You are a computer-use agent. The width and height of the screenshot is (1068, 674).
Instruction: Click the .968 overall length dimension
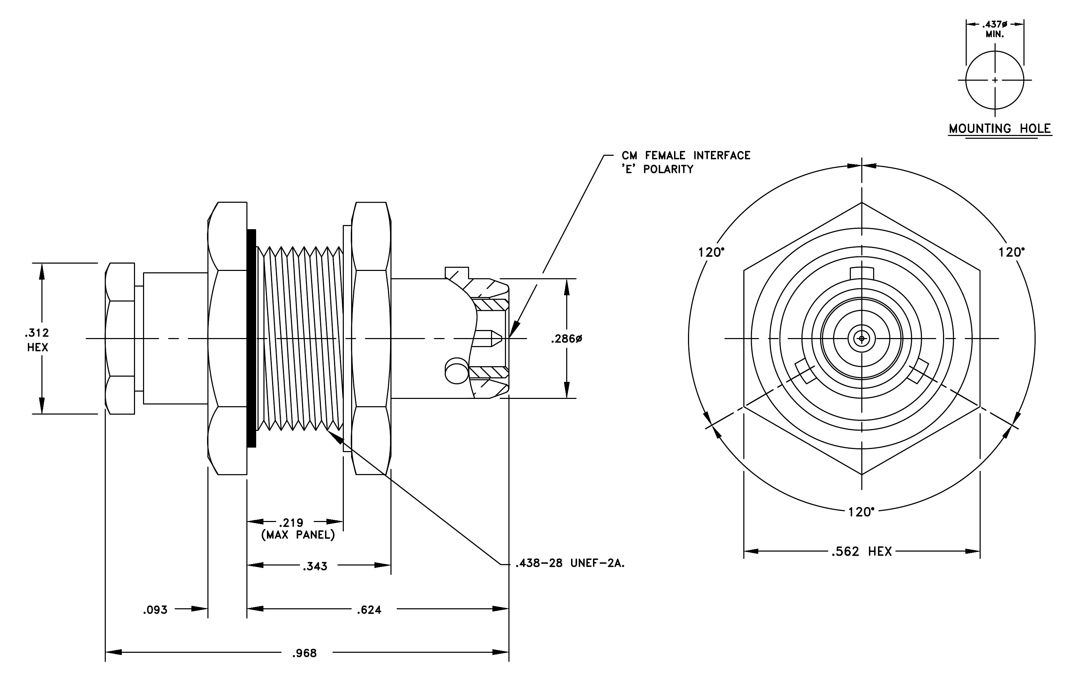coord(304,653)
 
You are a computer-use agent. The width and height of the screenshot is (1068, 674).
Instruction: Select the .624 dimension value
coord(369,610)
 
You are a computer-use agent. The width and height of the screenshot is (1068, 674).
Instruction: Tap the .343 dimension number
coord(315,566)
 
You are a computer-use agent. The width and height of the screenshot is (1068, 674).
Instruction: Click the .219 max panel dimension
coord(291,523)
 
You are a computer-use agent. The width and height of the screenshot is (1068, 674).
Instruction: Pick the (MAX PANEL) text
coord(298,535)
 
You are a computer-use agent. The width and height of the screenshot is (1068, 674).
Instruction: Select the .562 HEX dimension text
coord(861,551)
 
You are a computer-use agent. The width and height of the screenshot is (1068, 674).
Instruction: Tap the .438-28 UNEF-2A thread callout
coord(570,563)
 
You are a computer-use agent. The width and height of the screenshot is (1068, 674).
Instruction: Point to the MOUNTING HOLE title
coord(1000,129)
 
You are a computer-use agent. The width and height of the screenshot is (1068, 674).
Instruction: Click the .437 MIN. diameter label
coord(995,29)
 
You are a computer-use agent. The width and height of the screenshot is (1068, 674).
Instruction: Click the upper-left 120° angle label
coord(711,252)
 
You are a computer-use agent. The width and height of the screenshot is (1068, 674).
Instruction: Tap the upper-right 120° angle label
coord(1012,252)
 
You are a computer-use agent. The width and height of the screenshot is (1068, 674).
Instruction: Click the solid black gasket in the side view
coord(252,338)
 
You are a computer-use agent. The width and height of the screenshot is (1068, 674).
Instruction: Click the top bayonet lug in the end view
coord(862,273)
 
